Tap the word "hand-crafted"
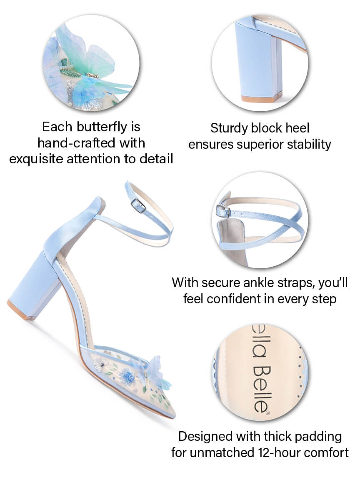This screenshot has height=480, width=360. (77, 143)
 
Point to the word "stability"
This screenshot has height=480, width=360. (310, 144)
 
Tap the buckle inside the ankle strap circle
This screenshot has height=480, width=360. (223, 210)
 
